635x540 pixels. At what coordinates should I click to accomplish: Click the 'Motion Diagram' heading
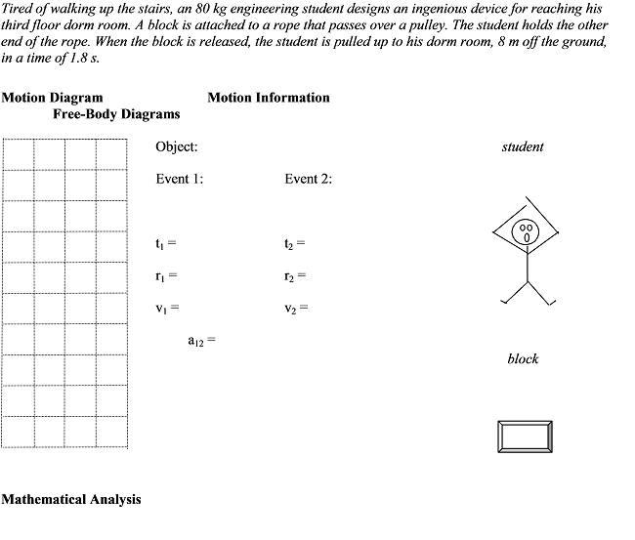(x=52, y=98)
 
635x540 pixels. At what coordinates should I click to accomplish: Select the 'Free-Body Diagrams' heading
(x=116, y=114)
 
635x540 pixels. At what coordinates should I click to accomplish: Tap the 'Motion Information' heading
(x=269, y=98)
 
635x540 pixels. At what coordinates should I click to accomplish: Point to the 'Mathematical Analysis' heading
(x=71, y=499)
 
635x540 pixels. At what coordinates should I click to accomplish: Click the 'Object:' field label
(x=177, y=147)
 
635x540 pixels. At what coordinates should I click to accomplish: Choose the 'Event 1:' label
(x=180, y=179)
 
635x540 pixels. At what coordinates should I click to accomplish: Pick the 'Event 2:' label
(x=309, y=179)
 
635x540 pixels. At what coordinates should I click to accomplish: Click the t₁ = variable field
(x=165, y=242)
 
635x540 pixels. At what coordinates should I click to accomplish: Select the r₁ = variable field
(x=165, y=275)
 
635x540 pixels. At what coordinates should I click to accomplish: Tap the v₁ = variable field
(x=166, y=309)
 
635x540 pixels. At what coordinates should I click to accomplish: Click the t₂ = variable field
(x=295, y=242)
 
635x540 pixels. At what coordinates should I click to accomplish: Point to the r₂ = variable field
(x=295, y=275)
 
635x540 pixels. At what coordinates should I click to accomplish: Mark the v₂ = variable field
(x=296, y=309)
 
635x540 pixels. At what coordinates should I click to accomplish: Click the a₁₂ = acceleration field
(x=200, y=342)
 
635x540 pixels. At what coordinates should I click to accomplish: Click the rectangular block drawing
(x=525, y=435)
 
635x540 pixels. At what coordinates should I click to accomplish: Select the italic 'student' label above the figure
(x=523, y=147)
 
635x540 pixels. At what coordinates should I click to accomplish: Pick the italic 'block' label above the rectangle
(x=523, y=359)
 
